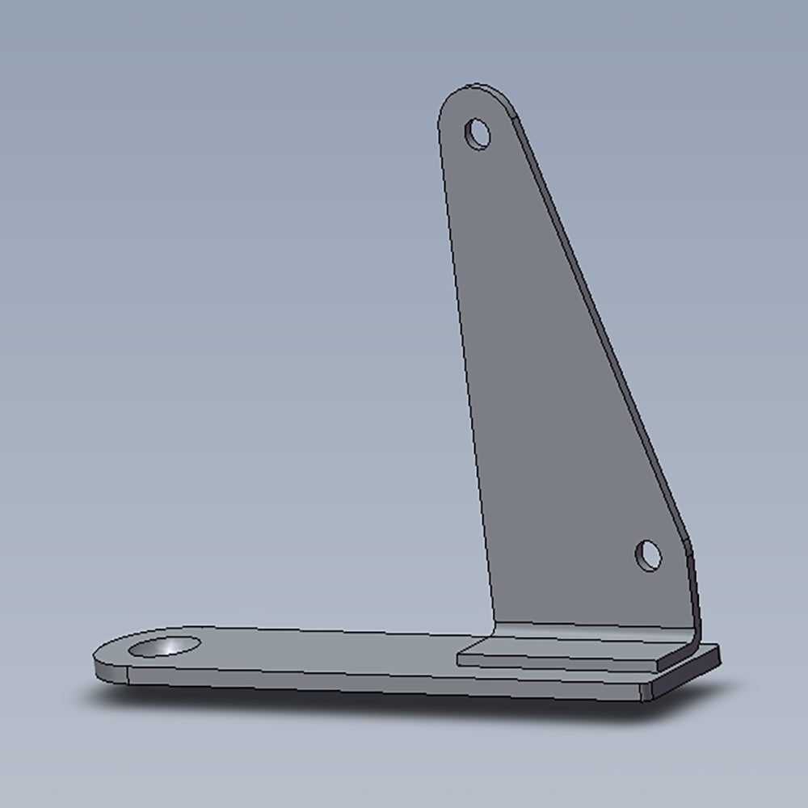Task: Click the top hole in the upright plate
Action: [x=478, y=133]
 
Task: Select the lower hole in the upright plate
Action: [x=648, y=555]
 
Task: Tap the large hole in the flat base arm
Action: [x=165, y=646]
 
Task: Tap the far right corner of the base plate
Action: [x=718, y=650]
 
